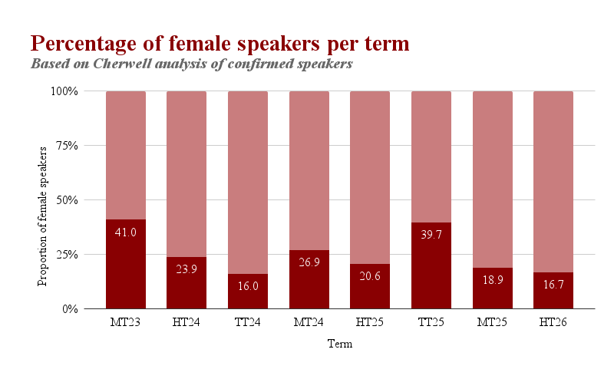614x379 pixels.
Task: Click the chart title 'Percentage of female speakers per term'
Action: pyautogui.click(x=219, y=43)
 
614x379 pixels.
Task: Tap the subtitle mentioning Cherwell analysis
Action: pyautogui.click(x=192, y=64)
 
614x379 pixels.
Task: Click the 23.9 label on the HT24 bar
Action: pyautogui.click(x=187, y=269)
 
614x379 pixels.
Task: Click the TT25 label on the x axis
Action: pyautogui.click(x=431, y=321)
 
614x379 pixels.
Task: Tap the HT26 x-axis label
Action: pyautogui.click(x=553, y=321)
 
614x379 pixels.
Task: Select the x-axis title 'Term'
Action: pyautogui.click(x=340, y=344)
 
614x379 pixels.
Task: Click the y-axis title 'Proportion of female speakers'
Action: pyautogui.click(x=44, y=200)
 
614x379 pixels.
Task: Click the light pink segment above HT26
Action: pyautogui.click(x=553, y=180)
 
